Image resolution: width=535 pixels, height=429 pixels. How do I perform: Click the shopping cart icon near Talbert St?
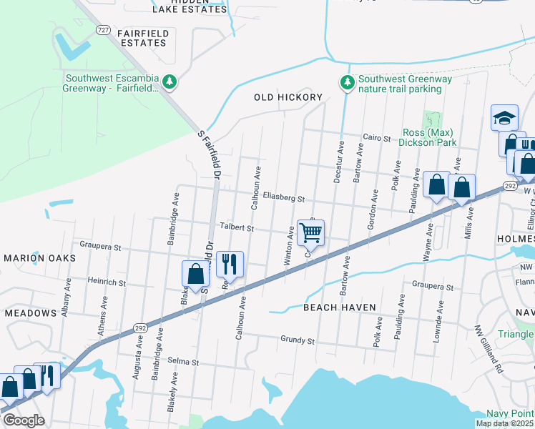310,232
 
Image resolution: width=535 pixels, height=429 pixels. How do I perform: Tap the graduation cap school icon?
504,117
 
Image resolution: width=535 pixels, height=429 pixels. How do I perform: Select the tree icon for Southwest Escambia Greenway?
170,84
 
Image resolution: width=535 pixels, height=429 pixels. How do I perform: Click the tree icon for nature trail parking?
347,84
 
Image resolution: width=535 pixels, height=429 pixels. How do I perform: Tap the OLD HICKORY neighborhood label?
288,97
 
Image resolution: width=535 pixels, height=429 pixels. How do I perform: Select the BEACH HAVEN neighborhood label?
339,307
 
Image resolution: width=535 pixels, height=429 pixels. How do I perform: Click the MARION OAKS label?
34,257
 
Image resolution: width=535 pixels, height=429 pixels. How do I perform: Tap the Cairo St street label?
377,138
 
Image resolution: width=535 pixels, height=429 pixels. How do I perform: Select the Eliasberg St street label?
283,198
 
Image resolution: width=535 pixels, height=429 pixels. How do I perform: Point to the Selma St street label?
183,363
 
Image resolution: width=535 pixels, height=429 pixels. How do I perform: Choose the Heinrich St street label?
106,283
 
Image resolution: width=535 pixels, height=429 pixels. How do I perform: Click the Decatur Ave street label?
339,161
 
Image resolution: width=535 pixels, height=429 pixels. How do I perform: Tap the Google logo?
24,420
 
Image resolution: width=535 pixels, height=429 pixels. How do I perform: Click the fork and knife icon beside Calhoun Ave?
230,264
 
